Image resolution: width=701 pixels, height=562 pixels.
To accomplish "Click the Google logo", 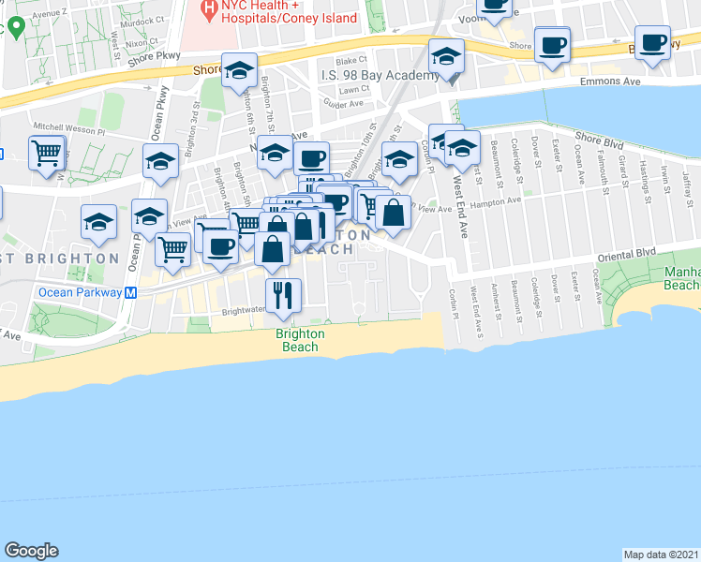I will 32,551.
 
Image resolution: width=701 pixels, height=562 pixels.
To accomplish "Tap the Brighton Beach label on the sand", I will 300,340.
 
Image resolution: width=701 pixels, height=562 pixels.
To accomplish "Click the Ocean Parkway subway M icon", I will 131,292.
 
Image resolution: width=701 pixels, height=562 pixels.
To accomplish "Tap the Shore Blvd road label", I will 599,140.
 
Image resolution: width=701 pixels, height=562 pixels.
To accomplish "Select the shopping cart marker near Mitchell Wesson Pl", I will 47,153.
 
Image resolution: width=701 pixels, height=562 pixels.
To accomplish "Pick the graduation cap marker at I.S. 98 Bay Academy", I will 446,57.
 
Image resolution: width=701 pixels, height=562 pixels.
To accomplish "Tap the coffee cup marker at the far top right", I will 653,44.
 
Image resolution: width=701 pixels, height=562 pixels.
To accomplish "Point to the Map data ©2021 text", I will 661,554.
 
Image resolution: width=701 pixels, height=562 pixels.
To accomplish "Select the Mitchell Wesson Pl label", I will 69,125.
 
